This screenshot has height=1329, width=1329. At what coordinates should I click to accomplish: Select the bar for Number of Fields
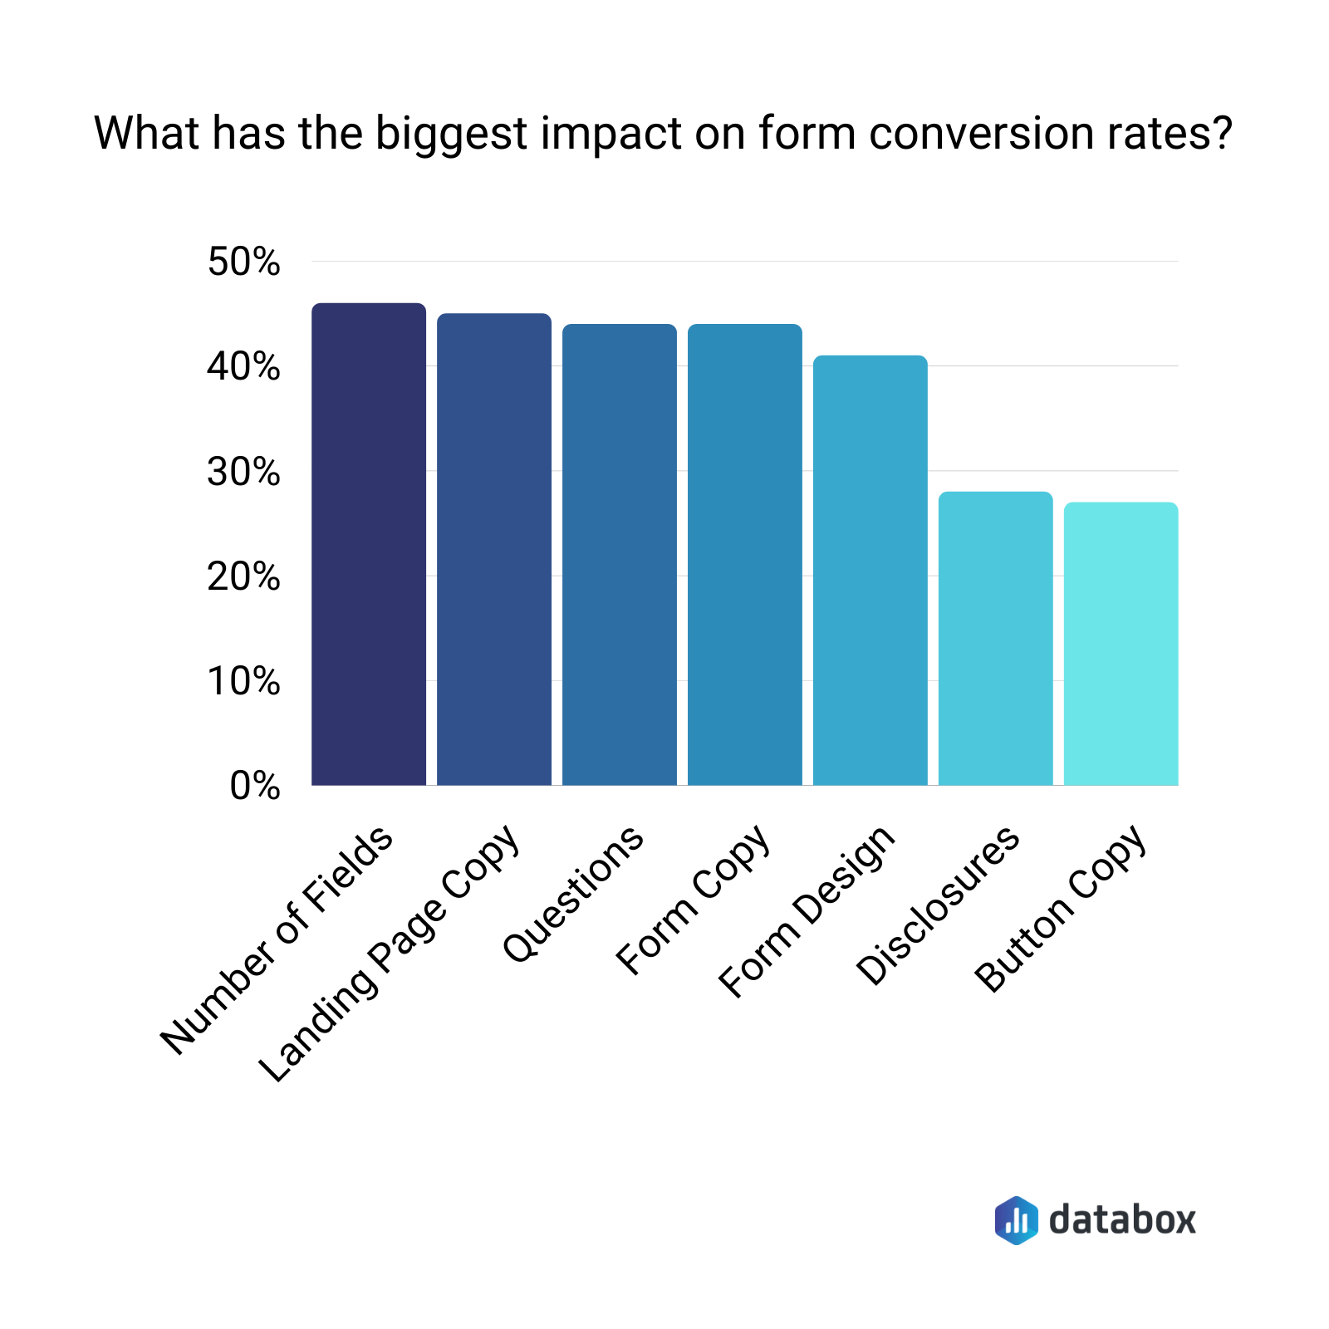click(x=369, y=544)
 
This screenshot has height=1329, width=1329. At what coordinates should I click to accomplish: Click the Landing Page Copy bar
click(x=494, y=549)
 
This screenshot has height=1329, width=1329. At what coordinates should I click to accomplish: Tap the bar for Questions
click(x=620, y=554)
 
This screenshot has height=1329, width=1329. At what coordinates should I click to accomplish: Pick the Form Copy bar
click(x=745, y=554)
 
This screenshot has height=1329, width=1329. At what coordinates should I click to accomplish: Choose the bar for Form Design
click(x=870, y=570)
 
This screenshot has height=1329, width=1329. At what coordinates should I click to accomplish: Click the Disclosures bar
click(x=996, y=638)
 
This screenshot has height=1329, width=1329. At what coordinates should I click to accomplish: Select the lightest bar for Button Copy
click(x=1121, y=644)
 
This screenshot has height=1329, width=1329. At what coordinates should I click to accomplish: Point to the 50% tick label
click(x=244, y=262)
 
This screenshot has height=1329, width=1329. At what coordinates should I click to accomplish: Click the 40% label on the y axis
click(x=244, y=366)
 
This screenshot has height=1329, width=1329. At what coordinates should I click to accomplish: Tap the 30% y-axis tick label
click(x=244, y=472)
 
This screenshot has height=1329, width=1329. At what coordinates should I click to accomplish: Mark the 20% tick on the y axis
click(x=244, y=576)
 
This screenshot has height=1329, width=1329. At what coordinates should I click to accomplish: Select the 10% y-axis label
click(x=244, y=681)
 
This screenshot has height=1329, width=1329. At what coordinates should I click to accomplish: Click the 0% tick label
click(x=255, y=786)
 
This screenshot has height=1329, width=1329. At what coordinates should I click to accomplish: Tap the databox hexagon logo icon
click(x=1016, y=1220)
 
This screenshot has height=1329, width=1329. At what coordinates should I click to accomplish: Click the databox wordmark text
click(x=1122, y=1219)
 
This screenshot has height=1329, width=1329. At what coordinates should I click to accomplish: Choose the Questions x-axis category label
click(x=573, y=894)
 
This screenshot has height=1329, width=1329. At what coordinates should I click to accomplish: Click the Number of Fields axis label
click(x=277, y=940)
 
